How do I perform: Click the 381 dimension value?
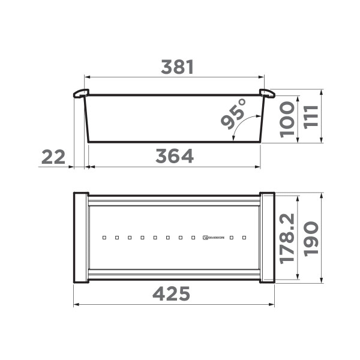pos(177,68)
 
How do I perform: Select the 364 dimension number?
pos(175,157)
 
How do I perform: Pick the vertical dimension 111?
pos(310,117)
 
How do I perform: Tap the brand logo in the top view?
pos(214,238)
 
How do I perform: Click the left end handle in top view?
pos(80,238)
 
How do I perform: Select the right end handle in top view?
pos(267,238)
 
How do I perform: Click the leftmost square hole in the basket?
pos(104,238)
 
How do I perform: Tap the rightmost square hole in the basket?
pos(244,238)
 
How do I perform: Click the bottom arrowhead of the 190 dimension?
pos(322,280)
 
